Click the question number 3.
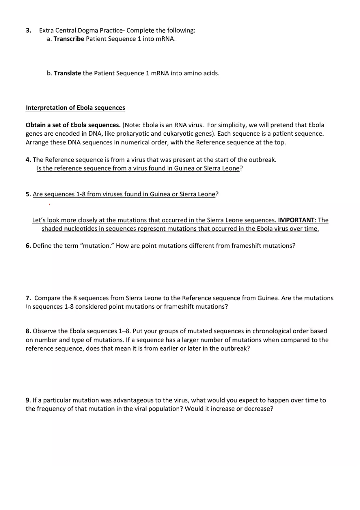(x=28, y=30)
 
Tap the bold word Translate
(x=67, y=74)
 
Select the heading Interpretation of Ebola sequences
(x=75, y=108)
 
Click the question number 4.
(x=28, y=160)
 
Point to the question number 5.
(x=28, y=194)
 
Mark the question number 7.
(x=28, y=298)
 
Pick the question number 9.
(x=28, y=400)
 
